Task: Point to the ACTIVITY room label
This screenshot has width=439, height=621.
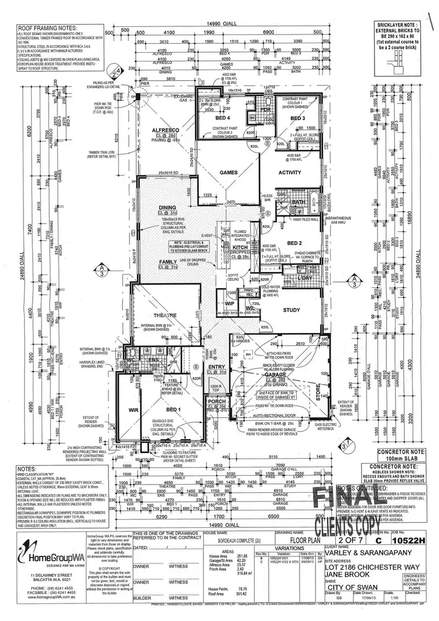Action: click(x=289, y=173)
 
